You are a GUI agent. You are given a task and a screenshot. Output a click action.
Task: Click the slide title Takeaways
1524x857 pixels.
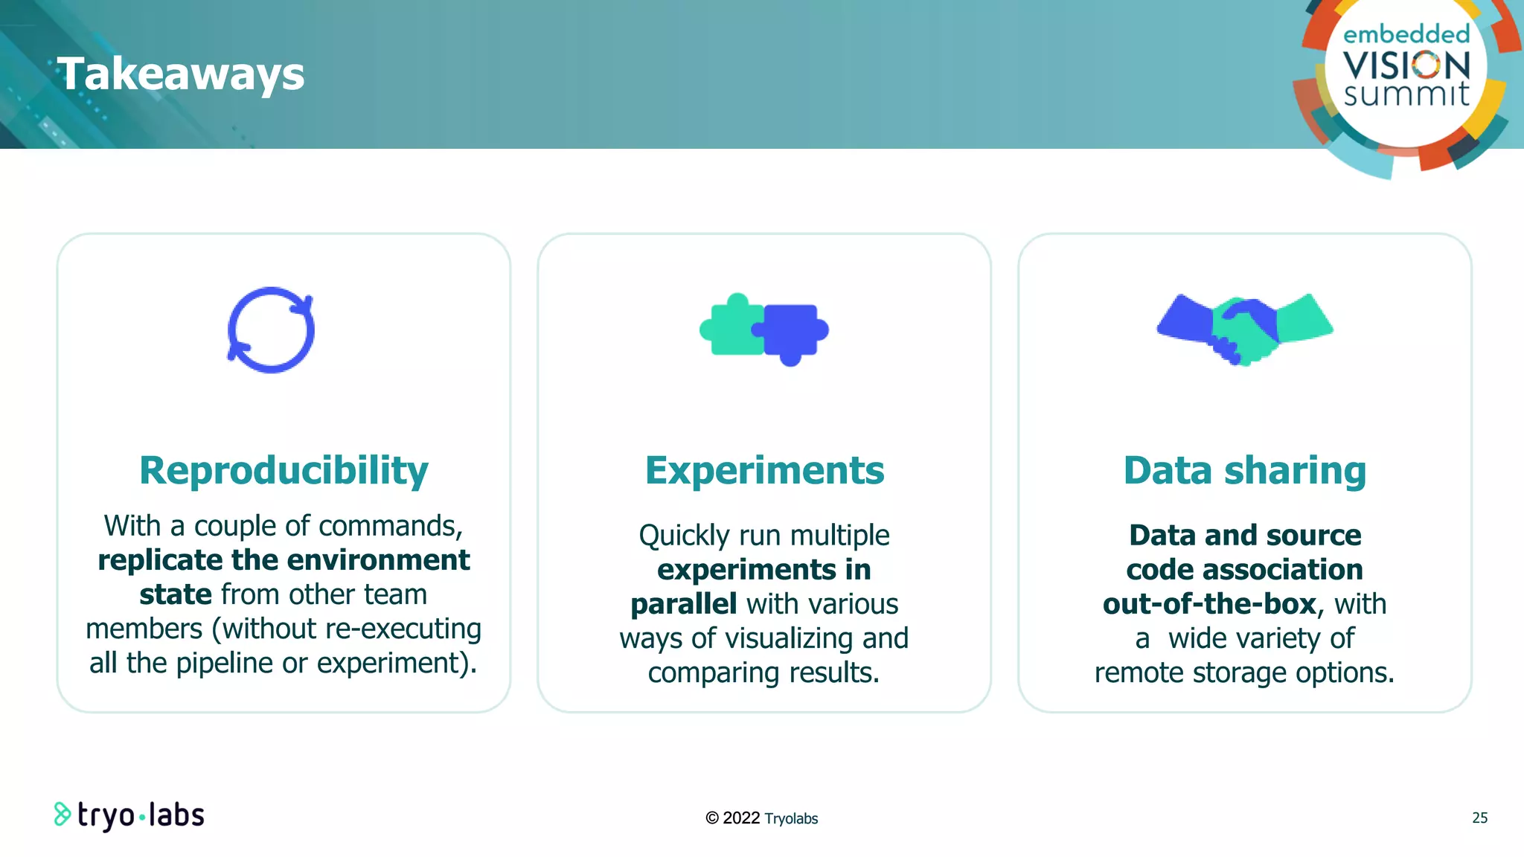[x=181, y=74]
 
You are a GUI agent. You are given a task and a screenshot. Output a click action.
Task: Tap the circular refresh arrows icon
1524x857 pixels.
[x=271, y=330]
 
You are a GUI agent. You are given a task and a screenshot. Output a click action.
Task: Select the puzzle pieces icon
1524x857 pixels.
[x=764, y=330]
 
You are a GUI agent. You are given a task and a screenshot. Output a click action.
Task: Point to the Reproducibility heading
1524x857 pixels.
[x=284, y=470]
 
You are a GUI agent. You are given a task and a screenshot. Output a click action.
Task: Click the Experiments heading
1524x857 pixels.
[x=764, y=470]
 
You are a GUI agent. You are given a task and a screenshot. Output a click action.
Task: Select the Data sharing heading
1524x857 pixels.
[x=1244, y=470]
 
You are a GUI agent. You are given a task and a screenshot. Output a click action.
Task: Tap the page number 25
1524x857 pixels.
[x=1479, y=818]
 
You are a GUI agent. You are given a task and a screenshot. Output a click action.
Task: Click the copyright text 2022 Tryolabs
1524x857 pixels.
[x=762, y=818]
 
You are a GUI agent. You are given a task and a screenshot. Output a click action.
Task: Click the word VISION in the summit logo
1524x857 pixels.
[x=1406, y=65]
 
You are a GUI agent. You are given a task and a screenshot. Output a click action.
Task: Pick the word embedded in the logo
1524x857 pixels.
[x=1406, y=34]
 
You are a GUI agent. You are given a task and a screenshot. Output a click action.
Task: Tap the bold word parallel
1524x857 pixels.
[x=683, y=604]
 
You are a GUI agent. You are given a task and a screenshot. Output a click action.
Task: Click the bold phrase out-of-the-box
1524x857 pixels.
[x=1209, y=604]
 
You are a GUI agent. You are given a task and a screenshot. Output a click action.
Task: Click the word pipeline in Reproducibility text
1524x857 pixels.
[x=224, y=663]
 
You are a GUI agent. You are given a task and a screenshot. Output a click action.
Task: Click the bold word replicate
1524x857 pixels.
[x=161, y=560]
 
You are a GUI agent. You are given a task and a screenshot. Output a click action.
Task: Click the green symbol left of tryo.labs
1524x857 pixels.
[x=62, y=815]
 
